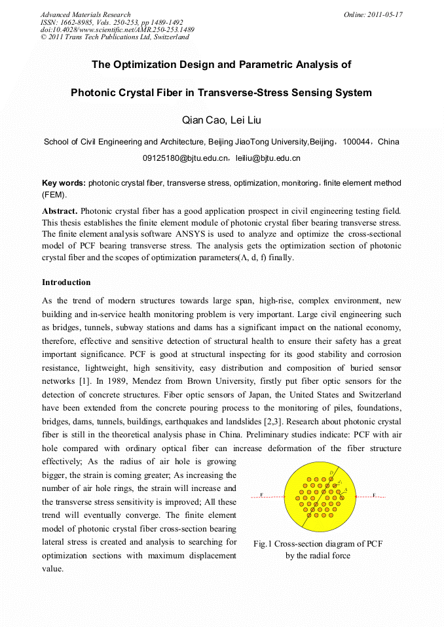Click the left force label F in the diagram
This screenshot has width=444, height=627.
262,495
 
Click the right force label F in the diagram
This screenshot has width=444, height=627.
374,495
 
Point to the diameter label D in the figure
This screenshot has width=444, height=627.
331,472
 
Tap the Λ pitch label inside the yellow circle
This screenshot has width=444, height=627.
345,490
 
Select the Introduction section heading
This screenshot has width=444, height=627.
66,282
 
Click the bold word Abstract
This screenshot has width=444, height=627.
60,211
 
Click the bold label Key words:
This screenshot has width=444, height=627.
64,183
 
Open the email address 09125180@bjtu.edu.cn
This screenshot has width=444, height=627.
185,158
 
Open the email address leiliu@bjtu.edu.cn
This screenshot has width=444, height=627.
268,158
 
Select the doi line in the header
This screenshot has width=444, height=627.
117,29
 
